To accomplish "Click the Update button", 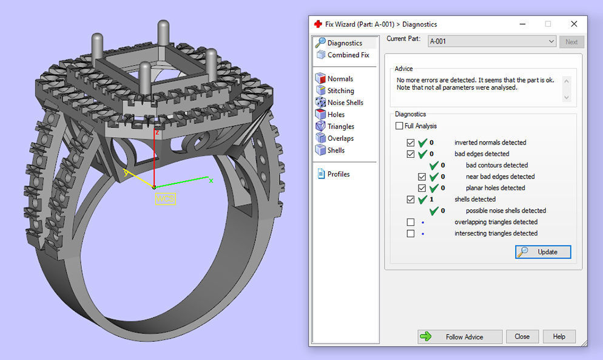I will pyautogui.click(x=543, y=252).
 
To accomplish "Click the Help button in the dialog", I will pyautogui.click(x=559, y=336).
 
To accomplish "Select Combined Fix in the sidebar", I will pyautogui.click(x=348, y=55).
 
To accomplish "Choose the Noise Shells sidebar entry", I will pyautogui.click(x=345, y=103).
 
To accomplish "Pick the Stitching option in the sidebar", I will pyautogui.click(x=340, y=90).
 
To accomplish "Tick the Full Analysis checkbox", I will pyautogui.click(x=399, y=126).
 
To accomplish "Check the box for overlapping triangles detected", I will pyautogui.click(x=411, y=222).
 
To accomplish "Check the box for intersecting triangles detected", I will pyautogui.click(x=411, y=234).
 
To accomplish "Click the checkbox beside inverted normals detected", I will pyautogui.click(x=411, y=143).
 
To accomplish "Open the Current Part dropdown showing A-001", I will pyautogui.click(x=491, y=41).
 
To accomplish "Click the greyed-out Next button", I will pyautogui.click(x=571, y=42).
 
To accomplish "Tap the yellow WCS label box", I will pyautogui.click(x=165, y=199).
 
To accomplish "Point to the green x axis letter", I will pyautogui.click(x=211, y=180).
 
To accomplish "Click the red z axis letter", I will pyautogui.click(x=157, y=132).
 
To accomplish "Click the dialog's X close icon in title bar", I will pyautogui.click(x=574, y=24).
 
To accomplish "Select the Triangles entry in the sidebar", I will pyautogui.click(x=340, y=126).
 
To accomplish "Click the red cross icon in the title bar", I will pyautogui.click(x=318, y=24).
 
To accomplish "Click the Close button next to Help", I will pyautogui.click(x=522, y=336).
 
